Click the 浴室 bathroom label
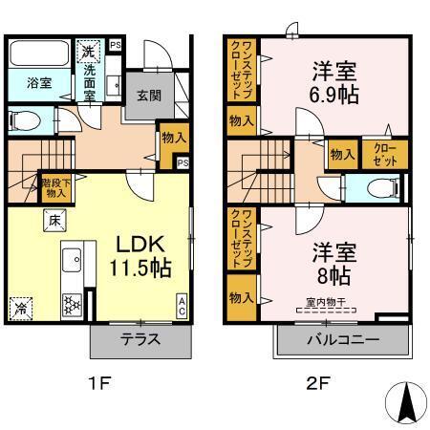[27, 83]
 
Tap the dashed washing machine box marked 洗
[88, 52]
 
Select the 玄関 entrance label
[147, 95]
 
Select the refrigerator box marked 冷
[21, 308]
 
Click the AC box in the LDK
[182, 305]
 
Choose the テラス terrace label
[140, 340]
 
